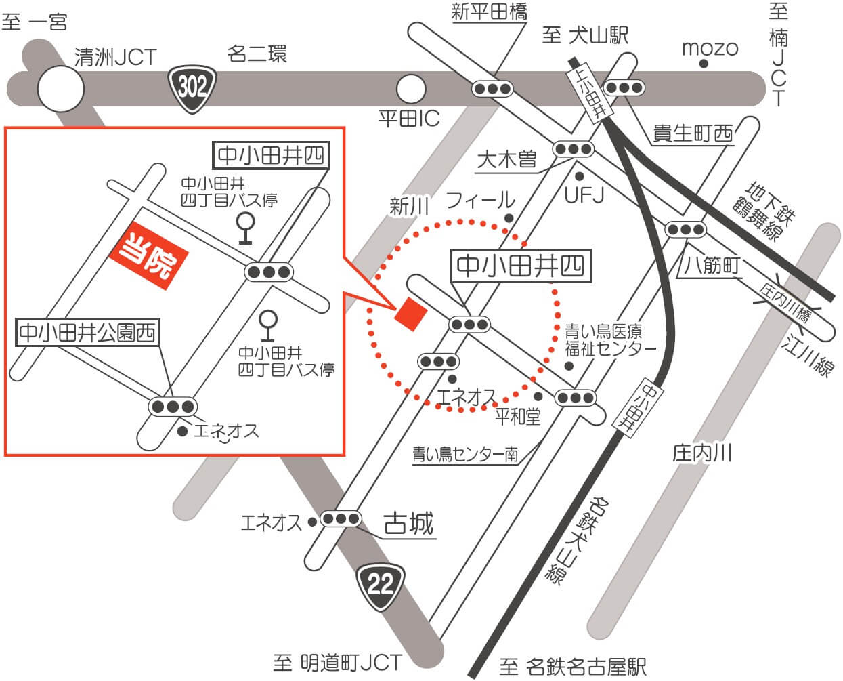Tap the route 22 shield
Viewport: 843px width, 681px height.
tap(381, 582)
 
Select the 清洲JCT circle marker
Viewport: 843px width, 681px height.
tap(60, 88)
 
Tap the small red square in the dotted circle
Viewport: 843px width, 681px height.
tap(411, 314)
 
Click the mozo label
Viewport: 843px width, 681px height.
tap(709, 47)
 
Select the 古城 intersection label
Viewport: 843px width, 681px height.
tap(408, 523)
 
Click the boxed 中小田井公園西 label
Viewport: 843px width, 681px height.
tap(87, 333)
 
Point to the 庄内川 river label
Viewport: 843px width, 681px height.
tap(702, 453)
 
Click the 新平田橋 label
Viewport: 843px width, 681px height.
tap(489, 12)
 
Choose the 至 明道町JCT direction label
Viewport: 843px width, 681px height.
tap(337, 662)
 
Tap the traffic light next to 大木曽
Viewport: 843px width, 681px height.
tap(573, 148)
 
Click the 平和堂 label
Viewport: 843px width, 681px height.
tap(518, 416)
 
